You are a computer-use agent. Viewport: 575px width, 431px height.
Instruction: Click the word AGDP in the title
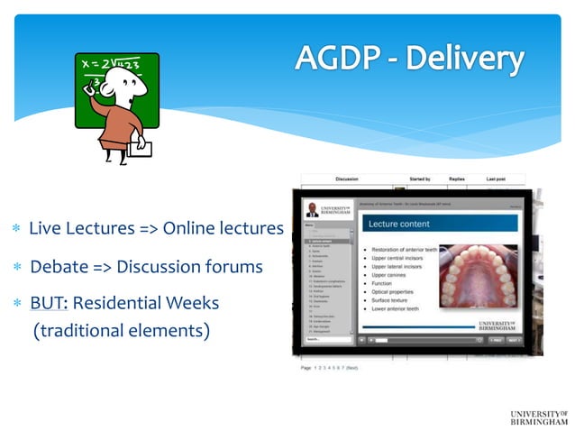point(338,59)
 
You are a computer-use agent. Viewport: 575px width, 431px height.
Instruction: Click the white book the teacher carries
point(140,146)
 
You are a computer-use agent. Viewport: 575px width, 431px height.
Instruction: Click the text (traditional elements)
point(121,331)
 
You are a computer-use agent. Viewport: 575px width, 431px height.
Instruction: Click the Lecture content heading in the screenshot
point(397,224)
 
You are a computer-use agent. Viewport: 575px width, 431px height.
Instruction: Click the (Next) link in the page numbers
point(352,368)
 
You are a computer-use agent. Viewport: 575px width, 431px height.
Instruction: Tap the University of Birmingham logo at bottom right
point(538,417)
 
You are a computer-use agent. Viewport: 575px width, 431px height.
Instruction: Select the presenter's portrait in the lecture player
point(312,210)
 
